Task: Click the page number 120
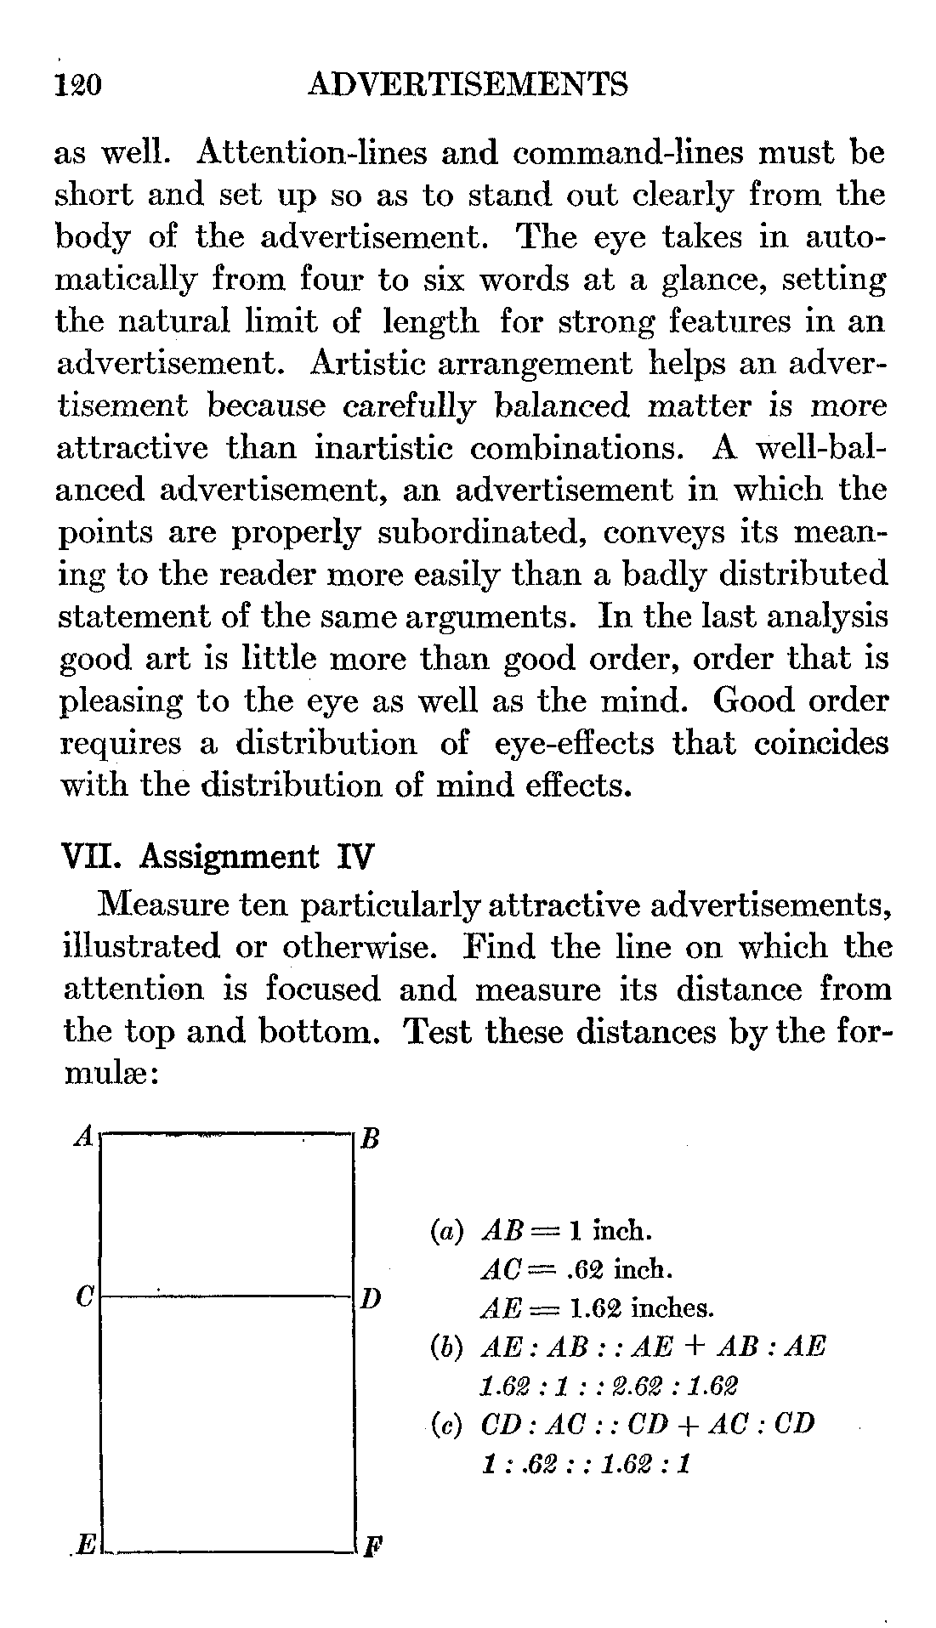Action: click(77, 86)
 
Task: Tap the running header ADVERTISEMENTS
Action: click(468, 85)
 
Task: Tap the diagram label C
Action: click(83, 1297)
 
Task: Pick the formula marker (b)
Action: click(445, 1347)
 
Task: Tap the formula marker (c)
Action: click(445, 1424)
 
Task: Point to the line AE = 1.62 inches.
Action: click(596, 1308)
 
